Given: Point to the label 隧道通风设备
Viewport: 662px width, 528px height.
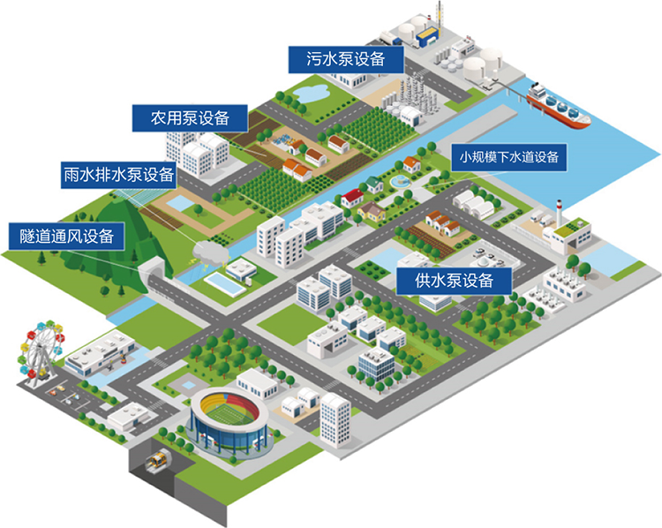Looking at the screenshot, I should [67, 235].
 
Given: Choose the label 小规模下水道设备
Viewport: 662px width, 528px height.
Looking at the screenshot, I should [508, 158].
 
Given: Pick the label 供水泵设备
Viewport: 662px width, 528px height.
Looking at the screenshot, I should [454, 282].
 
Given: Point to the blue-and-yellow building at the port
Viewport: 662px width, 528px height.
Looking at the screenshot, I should [426, 34].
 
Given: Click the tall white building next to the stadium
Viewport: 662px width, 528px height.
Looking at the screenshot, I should [335, 419].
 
